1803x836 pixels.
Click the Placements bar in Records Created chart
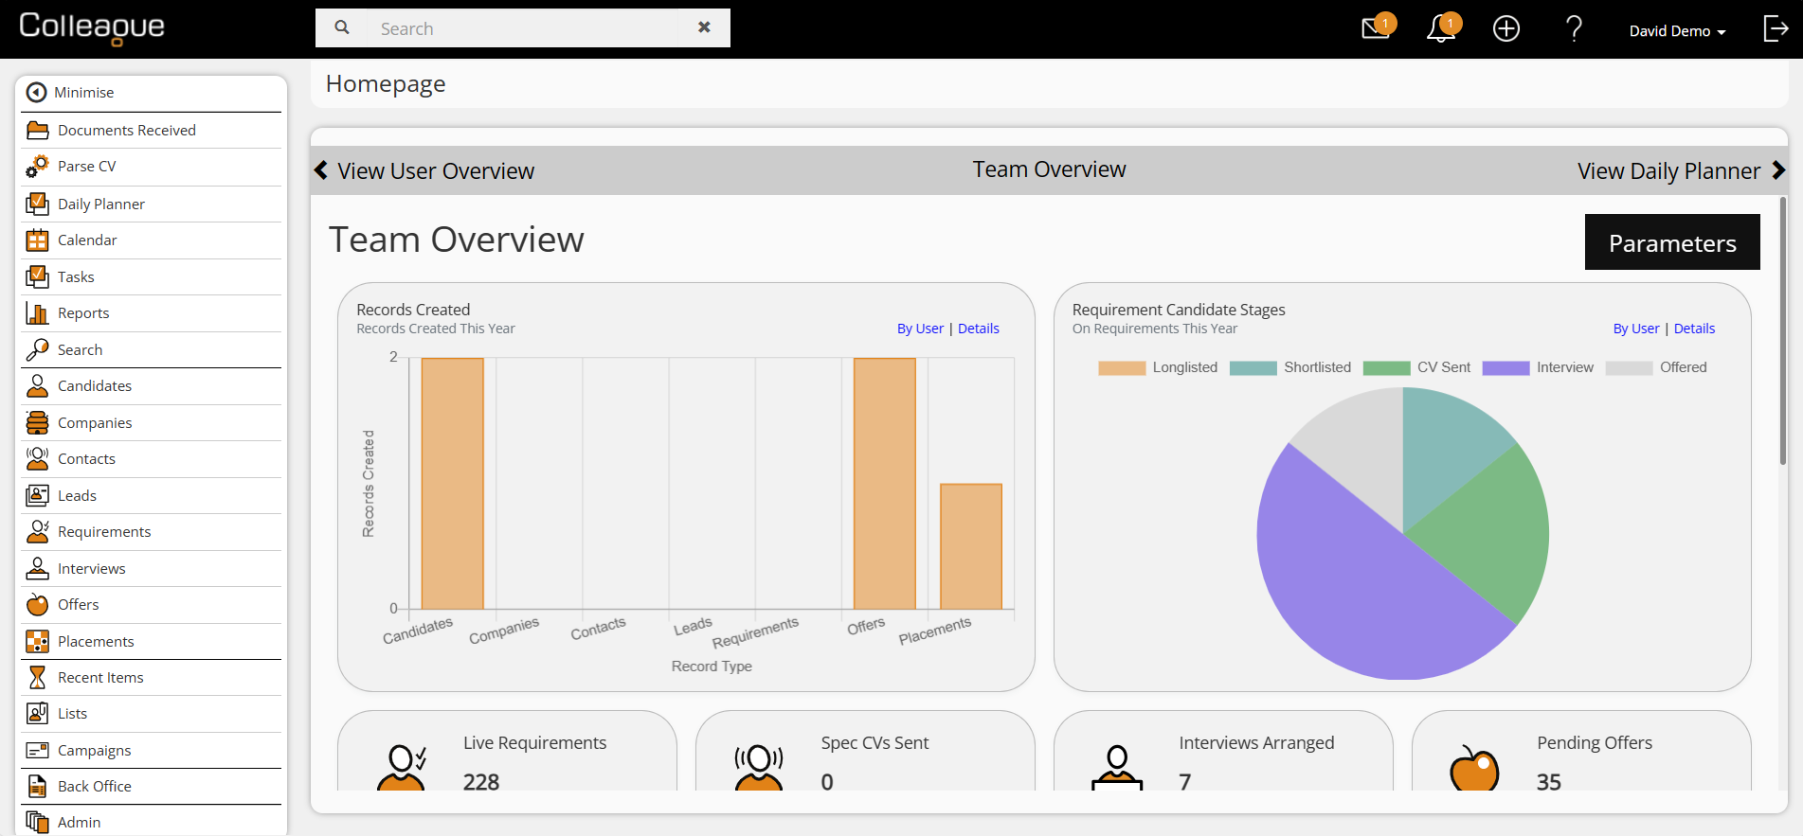click(971, 546)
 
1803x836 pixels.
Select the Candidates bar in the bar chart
click(453, 483)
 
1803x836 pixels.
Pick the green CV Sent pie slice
click(1487, 530)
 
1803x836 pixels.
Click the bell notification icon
click(1441, 29)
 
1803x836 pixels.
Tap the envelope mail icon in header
click(1376, 28)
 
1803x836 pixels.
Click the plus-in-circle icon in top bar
click(1506, 28)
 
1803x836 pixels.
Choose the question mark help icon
click(1574, 28)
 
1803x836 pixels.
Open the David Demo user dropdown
click(1677, 31)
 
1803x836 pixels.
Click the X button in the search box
click(704, 27)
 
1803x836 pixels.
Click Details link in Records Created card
click(979, 329)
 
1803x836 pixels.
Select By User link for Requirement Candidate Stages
click(1636, 329)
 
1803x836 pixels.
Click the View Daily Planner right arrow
click(1778, 170)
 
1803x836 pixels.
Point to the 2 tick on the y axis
click(393, 357)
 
